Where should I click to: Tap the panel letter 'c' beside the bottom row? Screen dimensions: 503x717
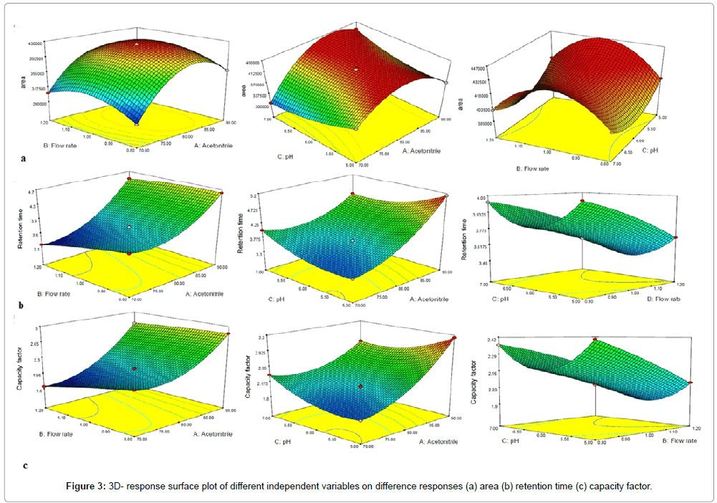(x=26, y=465)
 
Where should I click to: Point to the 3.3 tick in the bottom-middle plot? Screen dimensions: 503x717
(x=263, y=337)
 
